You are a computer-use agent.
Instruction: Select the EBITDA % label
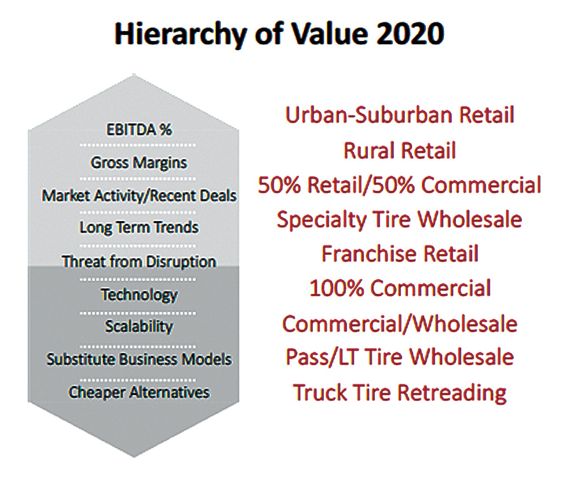point(139,130)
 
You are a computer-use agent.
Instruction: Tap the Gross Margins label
point(139,163)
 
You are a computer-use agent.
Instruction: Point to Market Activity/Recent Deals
point(139,195)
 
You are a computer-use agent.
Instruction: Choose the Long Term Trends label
point(139,227)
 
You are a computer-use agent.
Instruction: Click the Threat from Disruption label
point(139,261)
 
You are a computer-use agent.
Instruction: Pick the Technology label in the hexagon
point(139,294)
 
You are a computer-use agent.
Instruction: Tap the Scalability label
point(139,326)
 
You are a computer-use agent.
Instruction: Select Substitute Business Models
point(139,359)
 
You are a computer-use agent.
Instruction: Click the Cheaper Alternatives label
point(139,392)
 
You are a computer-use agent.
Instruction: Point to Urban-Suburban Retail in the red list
point(400,115)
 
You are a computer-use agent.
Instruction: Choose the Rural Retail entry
point(400,150)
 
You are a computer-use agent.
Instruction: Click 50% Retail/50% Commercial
point(400,185)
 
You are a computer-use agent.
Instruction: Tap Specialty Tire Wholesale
point(400,219)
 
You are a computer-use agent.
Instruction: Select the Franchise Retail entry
point(400,254)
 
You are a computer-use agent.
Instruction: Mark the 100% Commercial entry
point(400,288)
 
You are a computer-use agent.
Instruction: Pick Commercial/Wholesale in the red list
point(400,324)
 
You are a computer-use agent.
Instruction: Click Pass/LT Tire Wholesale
point(400,357)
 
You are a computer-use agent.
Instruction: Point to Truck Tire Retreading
point(400,392)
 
